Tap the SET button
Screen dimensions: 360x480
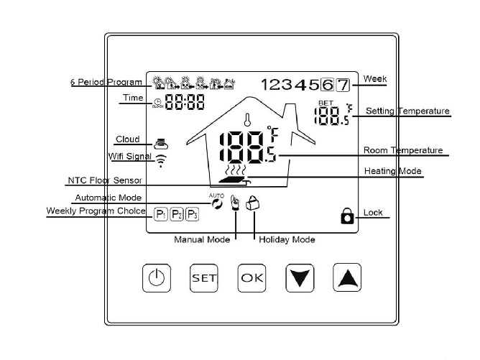[x=203, y=277]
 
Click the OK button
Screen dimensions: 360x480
[x=251, y=277]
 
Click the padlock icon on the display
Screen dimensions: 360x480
[x=347, y=216]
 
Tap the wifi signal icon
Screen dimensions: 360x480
[x=160, y=161]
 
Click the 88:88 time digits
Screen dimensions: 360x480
[x=185, y=102]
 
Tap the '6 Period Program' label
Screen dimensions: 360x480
[x=106, y=83]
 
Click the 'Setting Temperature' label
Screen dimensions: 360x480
[x=407, y=111]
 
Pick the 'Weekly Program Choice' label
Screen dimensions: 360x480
[x=96, y=211]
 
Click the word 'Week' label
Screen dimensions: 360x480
[x=375, y=78]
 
